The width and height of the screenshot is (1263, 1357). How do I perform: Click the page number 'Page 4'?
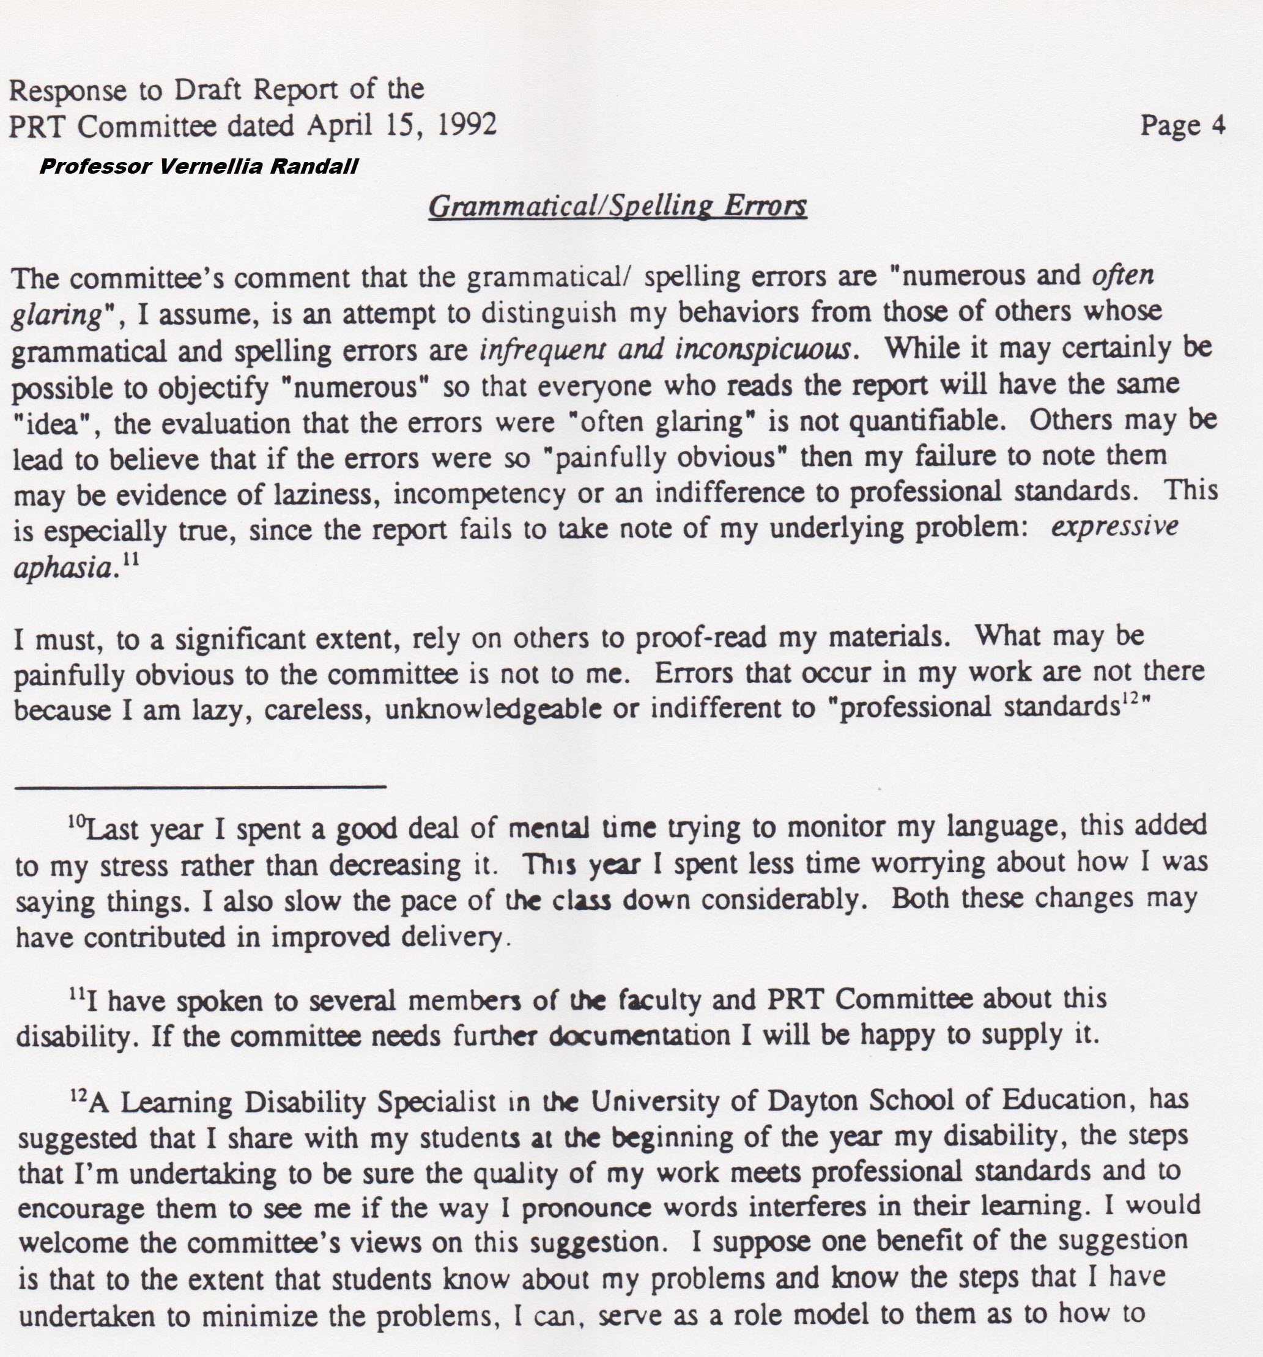[x=1182, y=125]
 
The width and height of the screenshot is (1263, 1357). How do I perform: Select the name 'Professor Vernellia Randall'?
[x=199, y=166]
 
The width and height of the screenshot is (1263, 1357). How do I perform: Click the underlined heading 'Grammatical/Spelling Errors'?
[x=617, y=205]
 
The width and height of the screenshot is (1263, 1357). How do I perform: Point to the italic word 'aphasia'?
[x=63, y=568]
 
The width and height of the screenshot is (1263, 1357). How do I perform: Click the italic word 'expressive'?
[x=1114, y=527]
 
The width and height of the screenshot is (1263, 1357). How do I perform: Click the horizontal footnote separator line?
[x=200, y=787]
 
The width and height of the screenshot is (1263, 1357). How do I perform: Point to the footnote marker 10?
[x=76, y=821]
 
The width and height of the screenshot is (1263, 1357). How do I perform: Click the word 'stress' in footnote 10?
[x=134, y=866]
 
